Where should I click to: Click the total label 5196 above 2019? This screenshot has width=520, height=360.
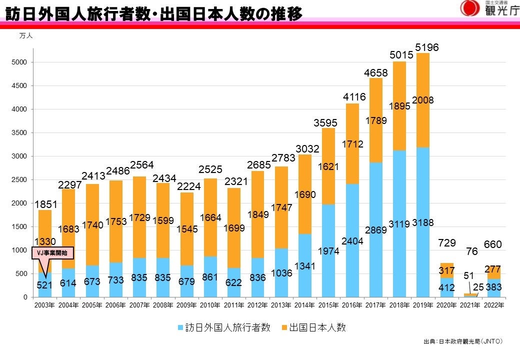point(426,47)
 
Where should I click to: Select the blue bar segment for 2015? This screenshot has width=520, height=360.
point(328,270)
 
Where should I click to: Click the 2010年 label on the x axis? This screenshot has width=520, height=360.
point(209,305)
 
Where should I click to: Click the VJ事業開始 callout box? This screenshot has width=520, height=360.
point(53,253)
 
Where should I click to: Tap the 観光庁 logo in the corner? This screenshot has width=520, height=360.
point(490,8)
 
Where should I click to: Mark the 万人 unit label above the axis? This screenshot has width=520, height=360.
point(26,36)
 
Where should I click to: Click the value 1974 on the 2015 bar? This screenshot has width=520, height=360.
point(328,251)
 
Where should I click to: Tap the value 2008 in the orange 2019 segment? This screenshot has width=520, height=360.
point(422,100)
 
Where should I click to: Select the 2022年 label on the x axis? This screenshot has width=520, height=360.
point(492,305)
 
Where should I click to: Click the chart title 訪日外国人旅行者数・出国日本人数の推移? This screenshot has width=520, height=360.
point(154,14)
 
